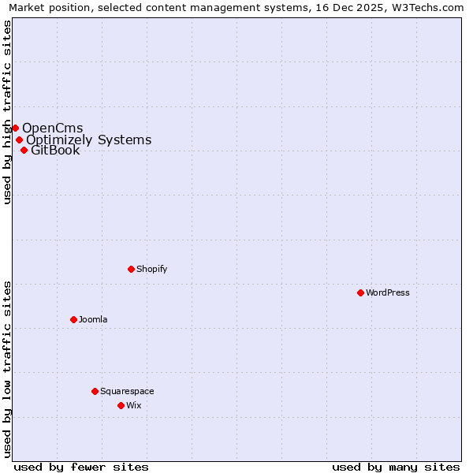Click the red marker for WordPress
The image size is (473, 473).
pos(360,292)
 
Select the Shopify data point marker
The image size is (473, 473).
pos(131,269)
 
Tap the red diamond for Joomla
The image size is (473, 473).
pos(73,319)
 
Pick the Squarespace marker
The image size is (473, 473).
pos(95,391)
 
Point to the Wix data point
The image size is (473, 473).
pos(121,405)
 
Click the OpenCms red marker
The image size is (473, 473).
pos(15,128)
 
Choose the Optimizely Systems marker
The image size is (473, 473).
pos(19,140)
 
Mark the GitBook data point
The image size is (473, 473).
pos(24,150)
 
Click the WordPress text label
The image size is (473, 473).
pos(388,292)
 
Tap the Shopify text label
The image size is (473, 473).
pos(152,269)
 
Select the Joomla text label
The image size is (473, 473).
pos(93,319)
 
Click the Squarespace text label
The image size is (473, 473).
pos(127,391)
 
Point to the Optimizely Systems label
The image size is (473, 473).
pos(89,140)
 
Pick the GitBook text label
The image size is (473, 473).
pos(55,151)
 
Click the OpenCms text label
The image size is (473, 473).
pos(53,128)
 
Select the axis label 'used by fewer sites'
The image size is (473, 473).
pos(81,467)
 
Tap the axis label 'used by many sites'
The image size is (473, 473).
pos(396,467)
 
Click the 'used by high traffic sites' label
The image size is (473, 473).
pos(8,112)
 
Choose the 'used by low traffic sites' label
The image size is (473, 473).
pos(8,369)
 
